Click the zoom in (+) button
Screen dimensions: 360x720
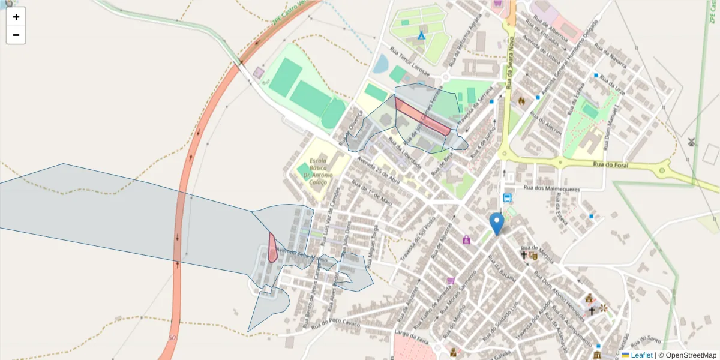16,17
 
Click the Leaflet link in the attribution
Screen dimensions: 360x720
641,355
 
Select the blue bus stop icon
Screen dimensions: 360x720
508,198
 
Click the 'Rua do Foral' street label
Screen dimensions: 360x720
609,164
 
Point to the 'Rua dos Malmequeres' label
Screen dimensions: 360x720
552,188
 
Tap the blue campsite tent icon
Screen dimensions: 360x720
421,35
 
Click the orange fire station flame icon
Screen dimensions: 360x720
521,101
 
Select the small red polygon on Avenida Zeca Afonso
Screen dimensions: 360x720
272,247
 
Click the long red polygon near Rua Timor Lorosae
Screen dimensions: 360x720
422,116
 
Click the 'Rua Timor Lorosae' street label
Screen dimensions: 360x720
410,59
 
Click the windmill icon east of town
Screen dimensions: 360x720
692,142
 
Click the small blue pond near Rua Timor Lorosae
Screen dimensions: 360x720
380,63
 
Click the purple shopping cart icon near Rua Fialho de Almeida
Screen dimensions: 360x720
451,280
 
